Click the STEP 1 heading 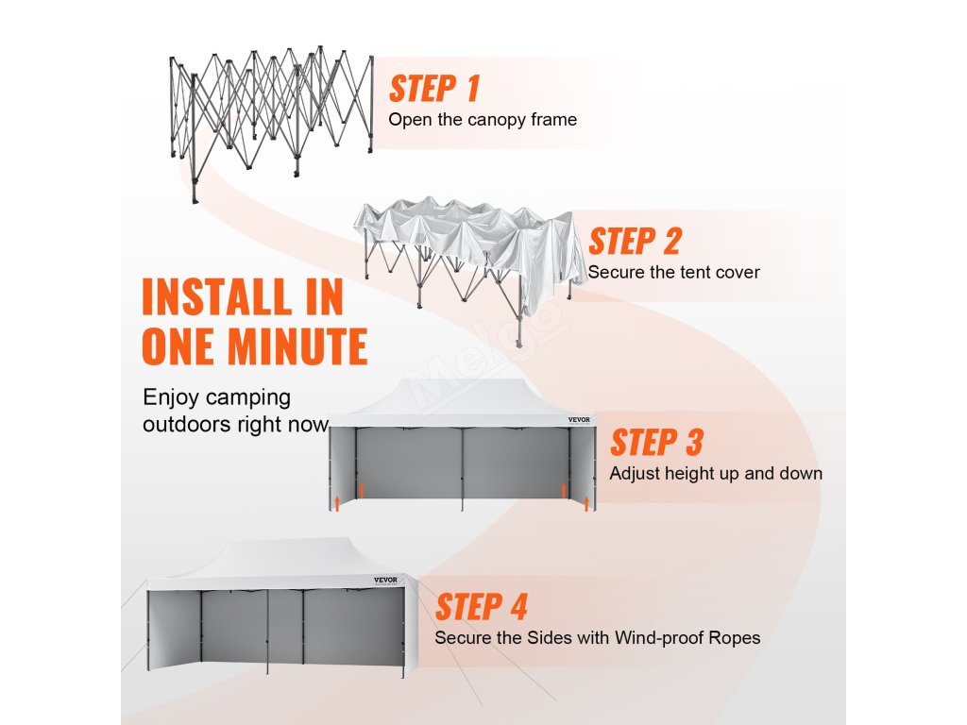pos(434,88)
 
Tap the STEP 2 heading pos(635,241)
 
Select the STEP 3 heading pos(657,442)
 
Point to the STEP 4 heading pos(482,607)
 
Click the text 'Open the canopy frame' pos(483,120)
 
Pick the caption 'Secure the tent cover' pos(673,272)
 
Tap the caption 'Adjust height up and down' pos(716,473)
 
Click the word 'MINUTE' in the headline pos(299,347)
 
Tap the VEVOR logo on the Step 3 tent pos(578,420)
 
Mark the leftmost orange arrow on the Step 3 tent pos(336,502)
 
